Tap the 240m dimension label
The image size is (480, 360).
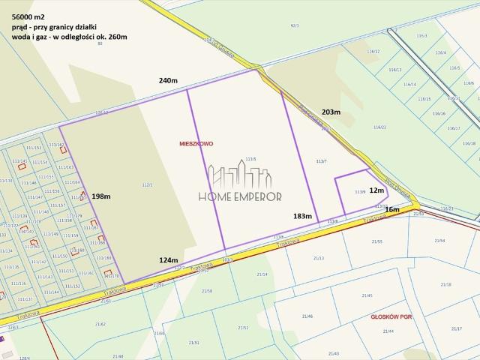pyautogui.click(x=168, y=80)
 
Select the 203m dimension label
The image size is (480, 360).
pyautogui.click(x=331, y=112)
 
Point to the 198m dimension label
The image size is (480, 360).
pyautogui.click(x=101, y=196)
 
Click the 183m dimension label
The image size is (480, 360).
pyautogui.click(x=302, y=215)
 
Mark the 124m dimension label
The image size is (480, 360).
pyautogui.click(x=169, y=259)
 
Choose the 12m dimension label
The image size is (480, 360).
pyautogui.click(x=376, y=190)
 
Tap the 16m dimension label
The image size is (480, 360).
pyautogui.click(x=392, y=209)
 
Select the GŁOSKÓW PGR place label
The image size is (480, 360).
pyautogui.click(x=391, y=317)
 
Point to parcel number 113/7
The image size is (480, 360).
pyautogui.click(x=322, y=161)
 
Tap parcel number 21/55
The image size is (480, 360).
pyautogui.click(x=376, y=241)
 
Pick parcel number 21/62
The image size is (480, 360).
pyautogui.click(x=100, y=324)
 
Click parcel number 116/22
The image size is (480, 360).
pyautogui.click(x=379, y=127)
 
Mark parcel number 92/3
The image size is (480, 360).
pyautogui.click(x=294, y=25)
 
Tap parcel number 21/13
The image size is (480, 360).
pyautogui.click(x=319, y=258)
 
